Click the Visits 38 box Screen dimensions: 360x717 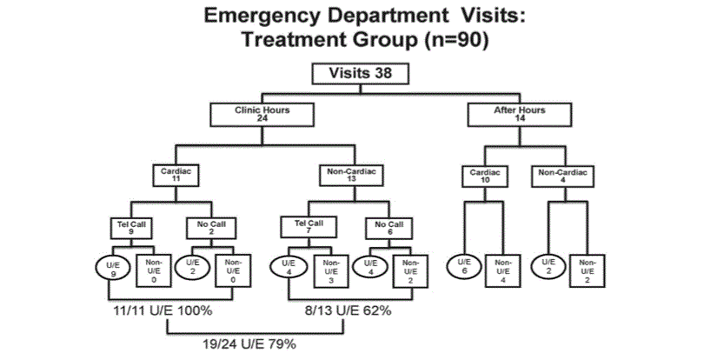click(361, 74)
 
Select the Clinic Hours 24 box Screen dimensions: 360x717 click(261, 113)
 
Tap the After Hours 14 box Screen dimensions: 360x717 click(520, 113)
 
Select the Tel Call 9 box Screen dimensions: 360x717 click(129, 229)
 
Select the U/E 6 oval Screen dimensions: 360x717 click(464, 268)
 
